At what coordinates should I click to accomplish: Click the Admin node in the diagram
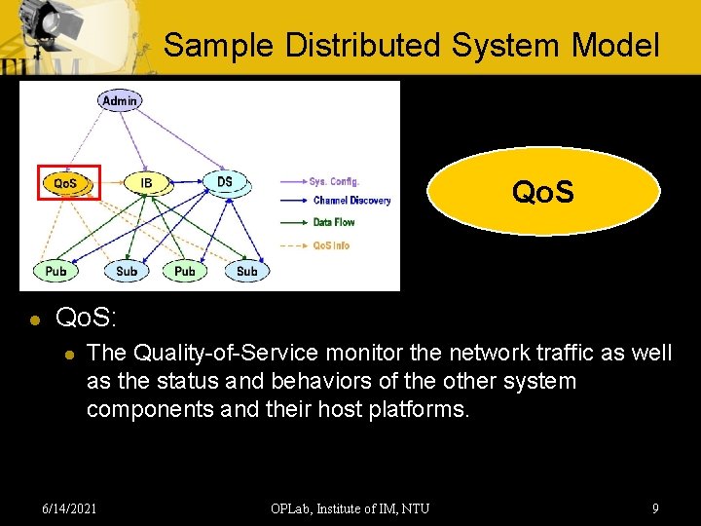pos(119,100)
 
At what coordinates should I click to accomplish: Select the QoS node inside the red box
pos(65,183)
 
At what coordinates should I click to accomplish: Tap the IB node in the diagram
pos(146,183)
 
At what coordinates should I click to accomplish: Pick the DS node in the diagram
pos(225,182)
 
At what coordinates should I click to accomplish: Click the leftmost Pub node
pos(56,271)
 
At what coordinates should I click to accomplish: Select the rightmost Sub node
pos(247,271)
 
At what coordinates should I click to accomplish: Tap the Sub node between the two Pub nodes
pos(127,271)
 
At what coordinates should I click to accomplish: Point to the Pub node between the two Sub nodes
pos(185,271)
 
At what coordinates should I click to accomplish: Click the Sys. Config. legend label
pos(334,181)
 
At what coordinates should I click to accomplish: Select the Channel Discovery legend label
pos(351,201)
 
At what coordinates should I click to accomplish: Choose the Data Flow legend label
pos(333,222)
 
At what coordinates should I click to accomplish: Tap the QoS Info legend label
pos(331,245)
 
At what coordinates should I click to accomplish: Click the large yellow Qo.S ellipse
pos(543,192)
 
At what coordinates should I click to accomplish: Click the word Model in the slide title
pos(615,45)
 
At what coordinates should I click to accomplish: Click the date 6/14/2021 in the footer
pos(69,507)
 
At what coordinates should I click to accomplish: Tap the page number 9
pos(655,507)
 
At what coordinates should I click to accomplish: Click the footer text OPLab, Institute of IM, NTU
pos(350,507)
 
